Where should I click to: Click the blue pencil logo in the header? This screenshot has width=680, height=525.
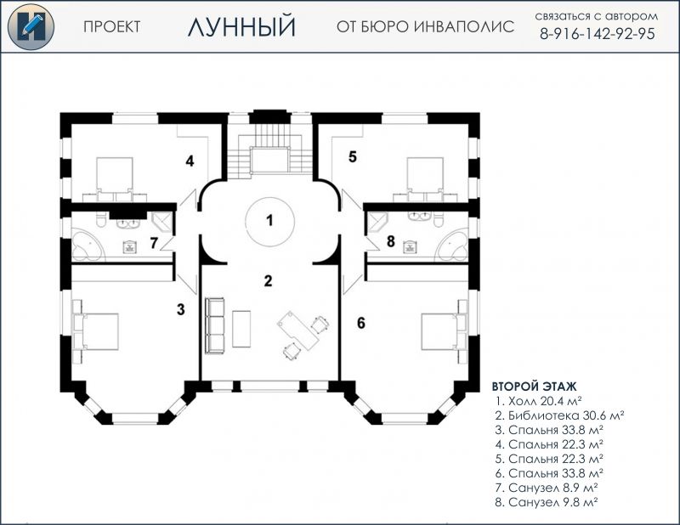click(x=31, y=26)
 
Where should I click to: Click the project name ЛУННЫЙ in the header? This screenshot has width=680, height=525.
click(x=241, y=26)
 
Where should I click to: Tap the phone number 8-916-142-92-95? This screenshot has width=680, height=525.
click(x=598, y=34)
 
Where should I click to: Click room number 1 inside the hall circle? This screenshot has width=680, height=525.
click(x=269, y=220)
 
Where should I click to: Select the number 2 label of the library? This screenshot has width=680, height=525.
click(x=269, y=281)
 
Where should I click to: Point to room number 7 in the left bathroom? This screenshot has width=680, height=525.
click(x=154, y=243)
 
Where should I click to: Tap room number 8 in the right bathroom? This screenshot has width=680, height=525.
click(x=391, y=241)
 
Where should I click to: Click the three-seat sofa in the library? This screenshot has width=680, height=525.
click(x=215, y=326)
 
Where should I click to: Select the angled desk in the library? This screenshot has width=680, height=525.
click(x=298, y=330)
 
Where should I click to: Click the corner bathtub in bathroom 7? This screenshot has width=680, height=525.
click(x=88, y=246)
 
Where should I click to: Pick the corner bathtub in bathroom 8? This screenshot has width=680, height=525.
click(x=452, y=246)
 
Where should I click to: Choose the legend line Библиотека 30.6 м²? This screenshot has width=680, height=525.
click(x=559, y=415)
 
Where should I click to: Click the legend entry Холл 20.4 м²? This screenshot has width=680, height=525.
click(x=538, y=401)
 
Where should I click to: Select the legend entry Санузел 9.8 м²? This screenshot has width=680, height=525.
click(x=547, y=502)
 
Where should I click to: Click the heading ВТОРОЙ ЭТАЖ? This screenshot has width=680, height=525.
click(x=535, y=387)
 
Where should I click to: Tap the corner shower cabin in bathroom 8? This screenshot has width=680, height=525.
click(x=376, y=221)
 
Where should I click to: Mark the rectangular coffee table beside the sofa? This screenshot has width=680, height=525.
click(x=241, y=329)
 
